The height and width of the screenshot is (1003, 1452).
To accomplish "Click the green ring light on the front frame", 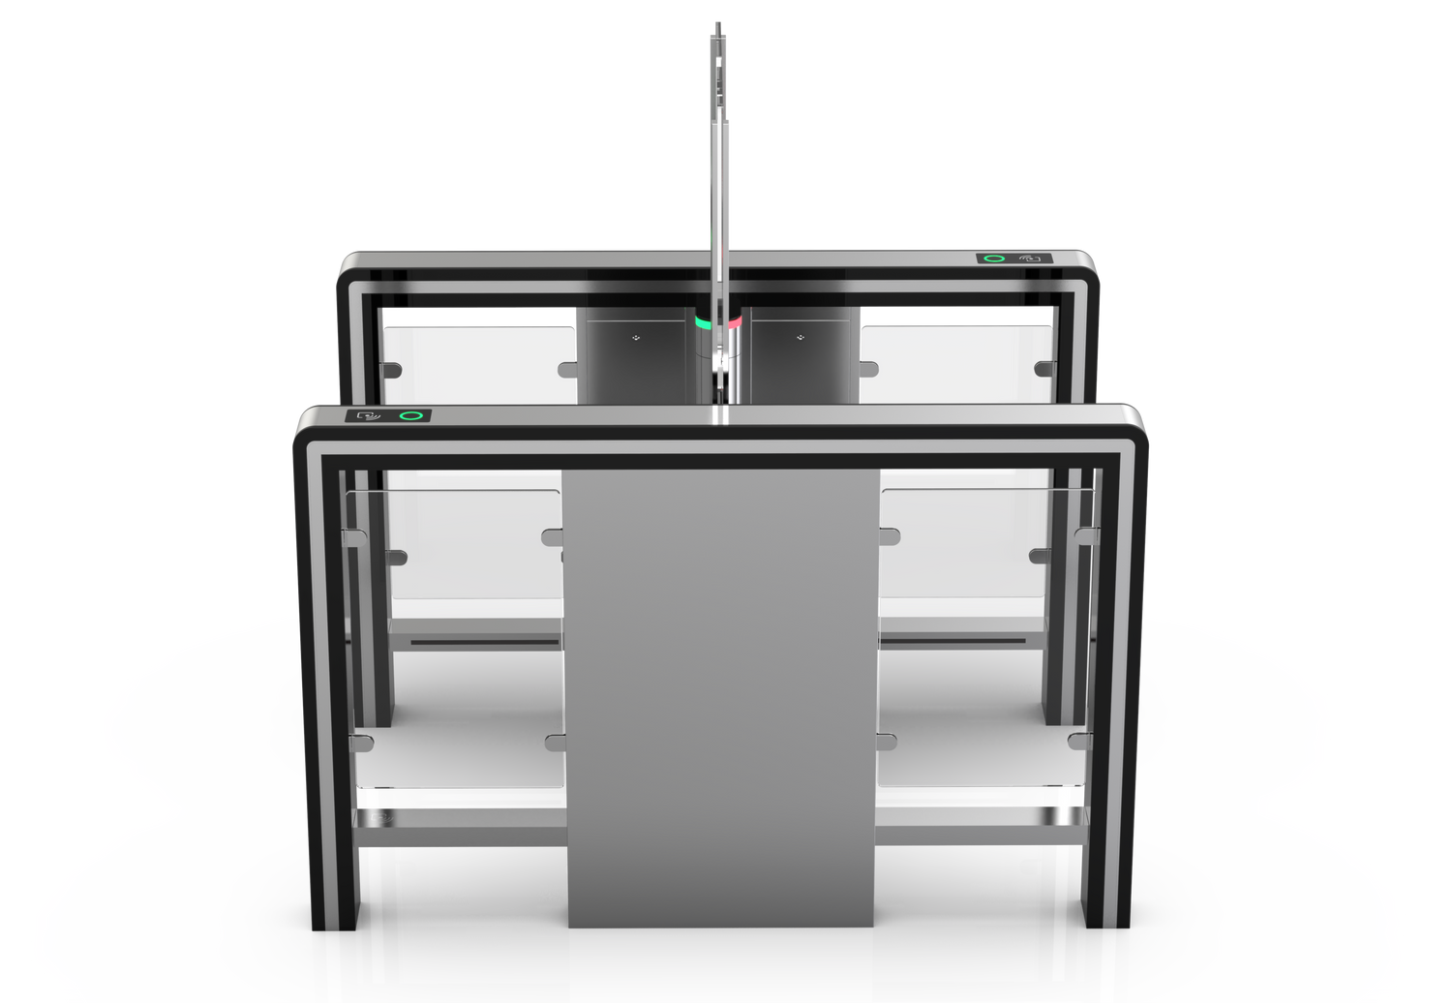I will [412, 416].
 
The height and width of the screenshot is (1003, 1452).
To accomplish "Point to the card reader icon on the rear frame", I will [1032, 259].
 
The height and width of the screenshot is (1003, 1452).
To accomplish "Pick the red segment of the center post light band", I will [735, 319].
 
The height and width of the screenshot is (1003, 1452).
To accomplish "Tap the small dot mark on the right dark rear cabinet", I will [801, 338].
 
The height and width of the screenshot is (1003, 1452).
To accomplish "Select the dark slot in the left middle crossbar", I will [485, 640].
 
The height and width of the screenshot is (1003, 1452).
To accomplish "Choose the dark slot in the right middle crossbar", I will [953, 640].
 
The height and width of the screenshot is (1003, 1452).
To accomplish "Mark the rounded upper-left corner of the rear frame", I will [347, 263].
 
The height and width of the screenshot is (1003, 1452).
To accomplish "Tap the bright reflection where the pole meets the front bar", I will [719, 413].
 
